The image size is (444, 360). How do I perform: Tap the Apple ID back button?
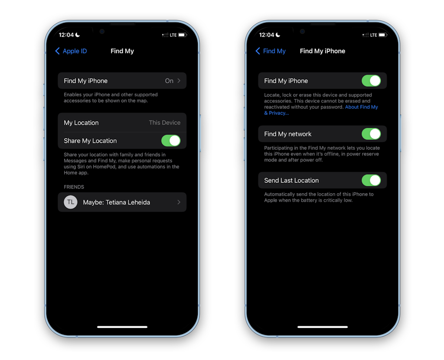(x=71, y=51)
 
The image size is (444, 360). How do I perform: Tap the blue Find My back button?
(x=271, y=51)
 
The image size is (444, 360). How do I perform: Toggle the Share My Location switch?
(x=171, y=141)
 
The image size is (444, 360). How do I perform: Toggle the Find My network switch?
(x=371, y=134)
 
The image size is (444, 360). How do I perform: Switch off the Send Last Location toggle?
(x=371, y=180)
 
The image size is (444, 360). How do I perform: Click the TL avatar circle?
(x=71, y=202)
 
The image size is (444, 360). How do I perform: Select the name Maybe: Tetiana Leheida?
(x=116, y=202)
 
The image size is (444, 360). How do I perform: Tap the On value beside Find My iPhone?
(x=169, y=81)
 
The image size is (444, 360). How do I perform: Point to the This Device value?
(x=164, y=123)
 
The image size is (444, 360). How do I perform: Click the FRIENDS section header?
(x=74, y=187)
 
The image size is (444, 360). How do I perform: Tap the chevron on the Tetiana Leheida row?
(x=179, y=202)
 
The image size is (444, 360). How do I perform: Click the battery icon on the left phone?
(x=182, y=35)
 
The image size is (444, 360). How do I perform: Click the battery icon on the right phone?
(x=382, y=35)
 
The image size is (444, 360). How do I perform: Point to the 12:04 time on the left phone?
(x=66, y=35)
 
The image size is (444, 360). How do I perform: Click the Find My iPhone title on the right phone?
(x=323, y=51)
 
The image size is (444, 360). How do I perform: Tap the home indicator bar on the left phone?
(x=122, y=327)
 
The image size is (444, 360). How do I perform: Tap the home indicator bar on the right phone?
(x=323, y=327)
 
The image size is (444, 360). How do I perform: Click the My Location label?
(x=81, y=123)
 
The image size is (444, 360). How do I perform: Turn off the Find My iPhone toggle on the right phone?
(x=371, y=81)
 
